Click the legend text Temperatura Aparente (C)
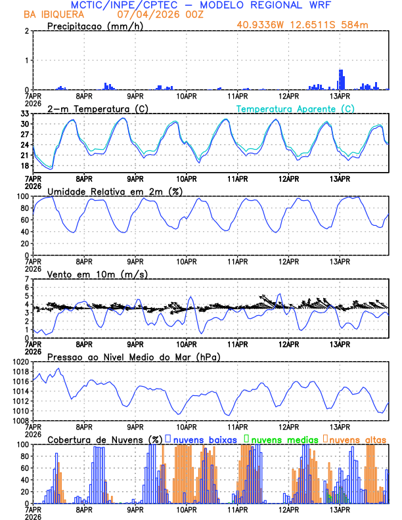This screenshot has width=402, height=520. (295, 108)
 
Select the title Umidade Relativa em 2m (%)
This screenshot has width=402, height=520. (114, 191)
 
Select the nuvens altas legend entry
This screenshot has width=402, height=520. (355, 439)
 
